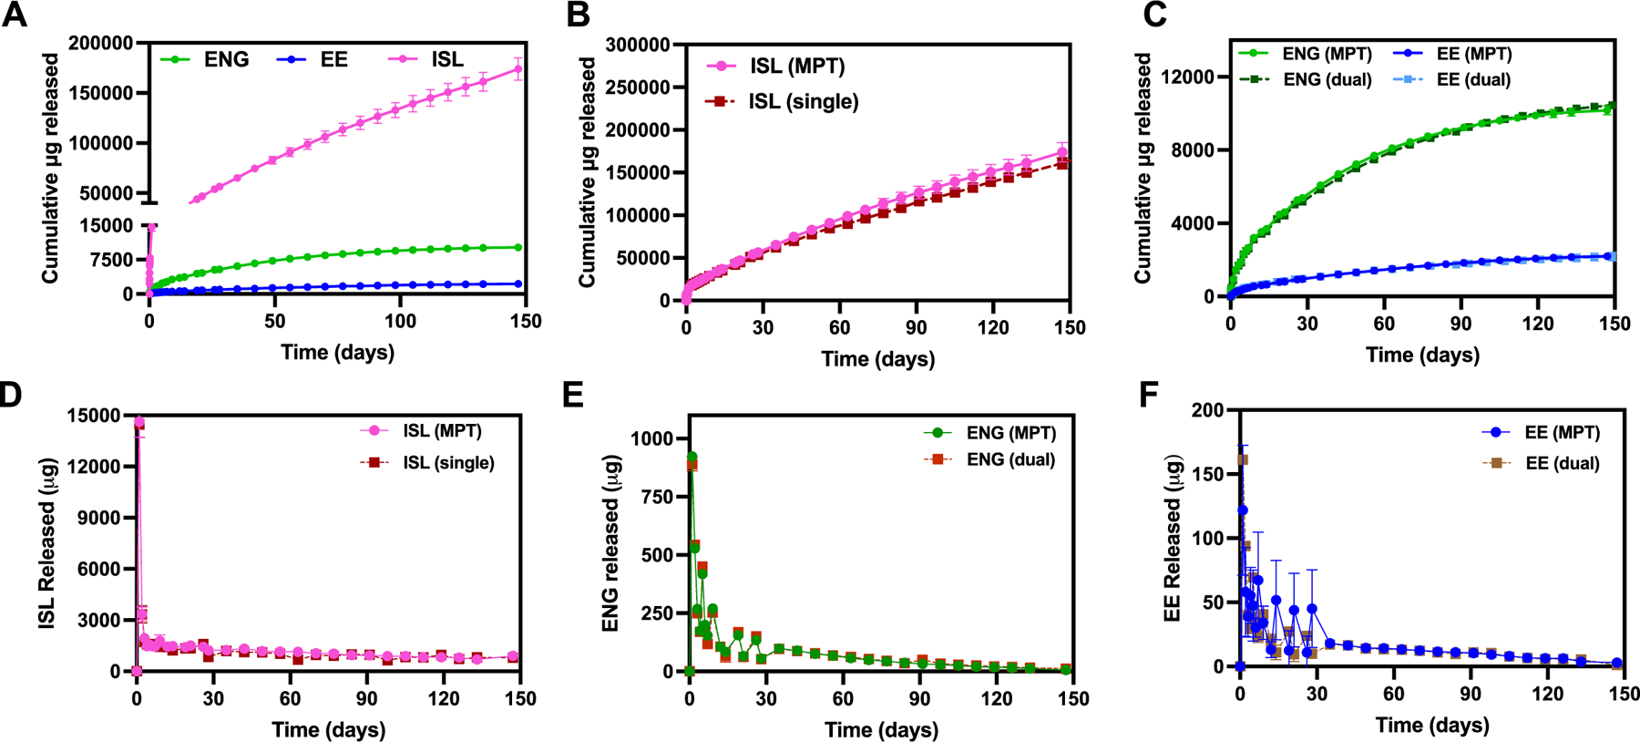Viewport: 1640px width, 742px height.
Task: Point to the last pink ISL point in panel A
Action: (x=519, y=68)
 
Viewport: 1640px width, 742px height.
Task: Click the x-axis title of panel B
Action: (x=877, y=358)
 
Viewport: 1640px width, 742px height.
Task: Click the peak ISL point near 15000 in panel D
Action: (x=139, y=422)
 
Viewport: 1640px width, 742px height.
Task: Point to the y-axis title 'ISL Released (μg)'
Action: (x=46, y=543)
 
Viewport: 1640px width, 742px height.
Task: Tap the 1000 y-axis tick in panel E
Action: (x=653, y=438)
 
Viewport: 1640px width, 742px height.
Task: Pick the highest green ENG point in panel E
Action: (x=692, y=457)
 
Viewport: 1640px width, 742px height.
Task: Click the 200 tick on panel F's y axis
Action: (x=1207, y=410)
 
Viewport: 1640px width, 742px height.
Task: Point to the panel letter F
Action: (x=1149, y=394)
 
